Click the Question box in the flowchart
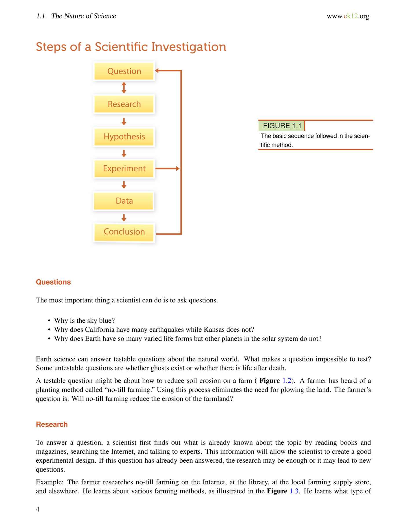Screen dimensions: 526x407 point(124,71)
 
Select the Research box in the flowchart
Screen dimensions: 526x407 point(124,104)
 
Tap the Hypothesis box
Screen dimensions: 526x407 point(124,136)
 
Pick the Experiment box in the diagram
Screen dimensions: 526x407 point(124,168)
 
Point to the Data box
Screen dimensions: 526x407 point(124,201)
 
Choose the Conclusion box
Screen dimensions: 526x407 point(124,232)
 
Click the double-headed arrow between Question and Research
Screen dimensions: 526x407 point(124,88)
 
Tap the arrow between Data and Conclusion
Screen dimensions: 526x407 point(124,217)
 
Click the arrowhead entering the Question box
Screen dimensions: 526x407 point(157,70)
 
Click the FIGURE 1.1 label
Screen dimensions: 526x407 point(282,126)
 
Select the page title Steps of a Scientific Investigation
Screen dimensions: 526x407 point(131,47)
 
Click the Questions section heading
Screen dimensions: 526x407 point(53,282)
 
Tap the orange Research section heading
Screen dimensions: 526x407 point(52,424)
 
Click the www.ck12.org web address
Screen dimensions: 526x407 point(348,16)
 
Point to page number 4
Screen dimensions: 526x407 point(38,509)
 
